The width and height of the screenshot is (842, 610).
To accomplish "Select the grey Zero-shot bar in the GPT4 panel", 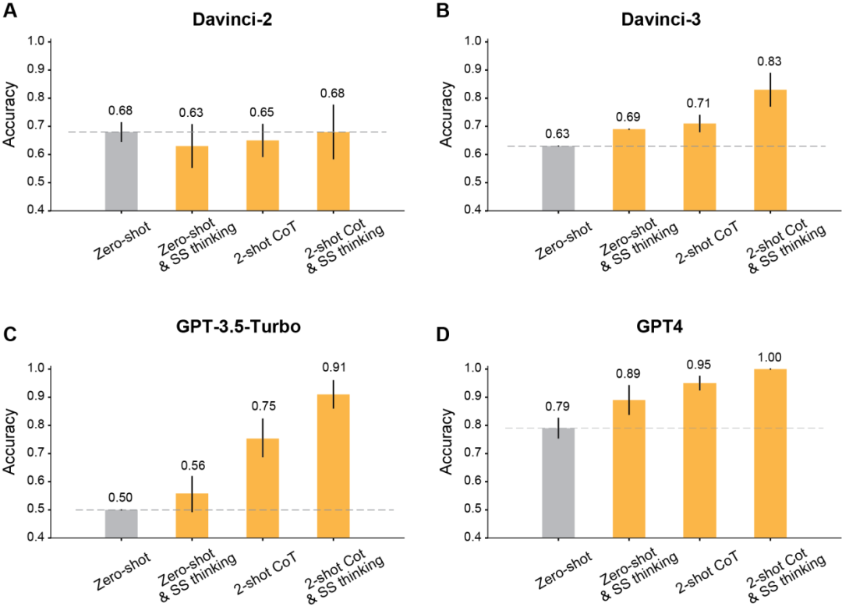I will (x=557, y=482).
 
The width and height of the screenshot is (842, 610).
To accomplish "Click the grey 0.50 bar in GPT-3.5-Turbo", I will (x=121, y=524).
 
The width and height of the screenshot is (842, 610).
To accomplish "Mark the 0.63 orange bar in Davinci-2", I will (x=192, y=178).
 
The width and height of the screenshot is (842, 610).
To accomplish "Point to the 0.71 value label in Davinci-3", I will (x=699, y=103).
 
